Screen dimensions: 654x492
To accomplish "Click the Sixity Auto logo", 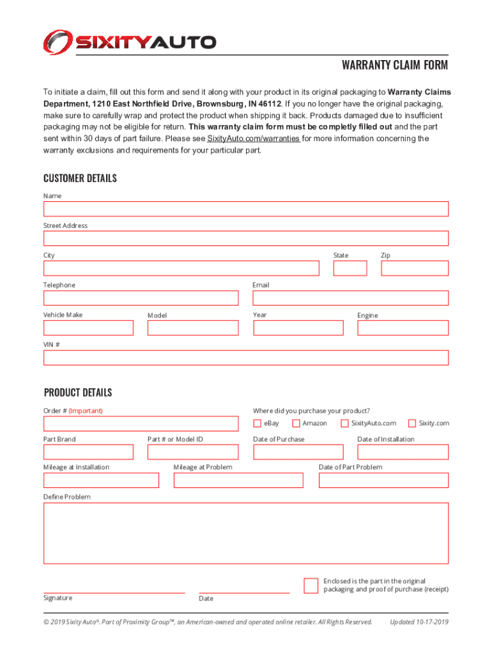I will point(130,42).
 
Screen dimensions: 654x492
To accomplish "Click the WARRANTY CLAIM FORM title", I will point(394,65).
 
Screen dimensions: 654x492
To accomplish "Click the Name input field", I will point(246,209).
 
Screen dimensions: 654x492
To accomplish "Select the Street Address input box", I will point(246,238).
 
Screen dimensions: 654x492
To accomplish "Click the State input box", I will point(350,268).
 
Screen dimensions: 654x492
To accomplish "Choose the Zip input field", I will point(415,268).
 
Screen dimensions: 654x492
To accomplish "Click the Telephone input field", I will point(141,298).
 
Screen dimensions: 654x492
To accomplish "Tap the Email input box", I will point(351,298).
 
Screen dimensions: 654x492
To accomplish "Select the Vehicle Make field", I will point(88,328).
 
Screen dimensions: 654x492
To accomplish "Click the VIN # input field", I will point(246,358).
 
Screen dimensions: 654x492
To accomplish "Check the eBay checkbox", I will point(257,423).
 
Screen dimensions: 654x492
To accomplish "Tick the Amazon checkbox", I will point(296,423).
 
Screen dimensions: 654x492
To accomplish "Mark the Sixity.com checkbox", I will point(412,423).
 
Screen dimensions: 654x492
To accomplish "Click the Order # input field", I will point(141,423).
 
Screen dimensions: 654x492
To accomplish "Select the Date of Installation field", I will point(403,452).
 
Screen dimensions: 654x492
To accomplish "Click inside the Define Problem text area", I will point(246,533).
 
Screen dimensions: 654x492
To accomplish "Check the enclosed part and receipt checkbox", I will point(311,586).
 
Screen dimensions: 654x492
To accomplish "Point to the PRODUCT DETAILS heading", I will point(78,392).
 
